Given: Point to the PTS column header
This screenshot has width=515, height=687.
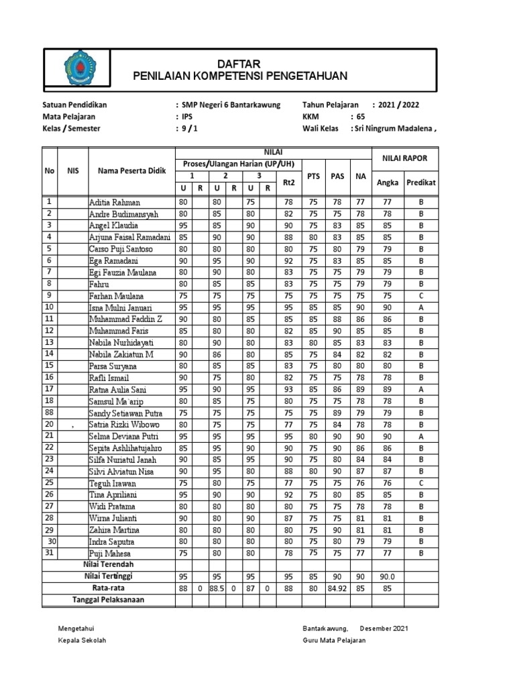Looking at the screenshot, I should pyautogui.click(x=313, y=176).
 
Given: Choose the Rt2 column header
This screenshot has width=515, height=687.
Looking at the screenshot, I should pyautogui.click(x=288, y=182).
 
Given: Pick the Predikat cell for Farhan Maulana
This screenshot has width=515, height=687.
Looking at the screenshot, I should pyautogui.click(x=422, y=295).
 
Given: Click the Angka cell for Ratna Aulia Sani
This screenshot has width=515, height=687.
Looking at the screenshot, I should pyautogui.click(x=387, y=389).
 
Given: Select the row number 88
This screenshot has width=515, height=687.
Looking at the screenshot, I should pyautogui.click(x=50, y=413).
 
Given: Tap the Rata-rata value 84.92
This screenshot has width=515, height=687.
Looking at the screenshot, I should pyautogui.click(x=337, y=588).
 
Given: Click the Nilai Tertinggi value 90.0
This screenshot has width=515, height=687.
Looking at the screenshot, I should pyautogui.click(x=387, y=577).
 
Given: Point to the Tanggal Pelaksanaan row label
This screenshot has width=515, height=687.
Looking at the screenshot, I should pyautogui.click(x=108, y=600).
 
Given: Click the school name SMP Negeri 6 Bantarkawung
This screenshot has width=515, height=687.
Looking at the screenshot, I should pyautogui.click(x=231, y=105).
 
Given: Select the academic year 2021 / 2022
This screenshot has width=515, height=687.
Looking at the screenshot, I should pyautogui.click(x=399, y=105).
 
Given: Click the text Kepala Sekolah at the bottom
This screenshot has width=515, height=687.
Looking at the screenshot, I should pyautogui.click(x=83, y=640).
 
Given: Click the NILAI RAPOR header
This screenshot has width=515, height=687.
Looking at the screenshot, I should pyautogui.click(x=404, y=158).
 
